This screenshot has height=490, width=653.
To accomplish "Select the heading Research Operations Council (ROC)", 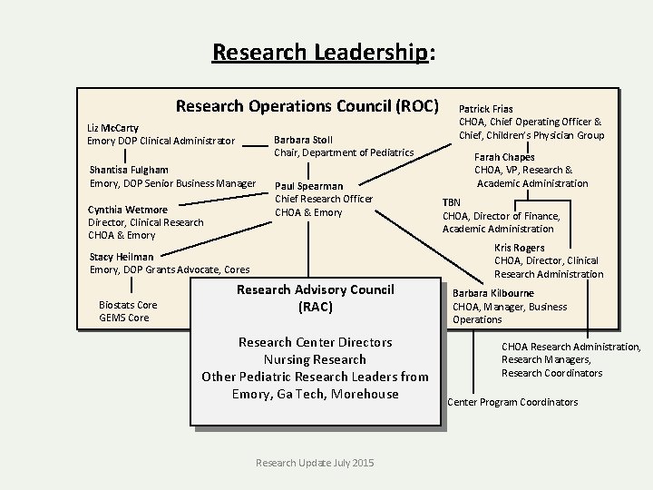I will pyautogui.click(x=307, y=105).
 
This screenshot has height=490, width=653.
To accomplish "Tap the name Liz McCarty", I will pyautogui.click(x=112, y=128).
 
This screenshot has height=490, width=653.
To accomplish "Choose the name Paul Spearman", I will pyautogui.click(x=308, y=186).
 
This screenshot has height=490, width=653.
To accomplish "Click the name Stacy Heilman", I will pyautogui.click(x=122, y=257).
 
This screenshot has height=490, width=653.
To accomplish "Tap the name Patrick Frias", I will pyautogui.click(x=486, y=109).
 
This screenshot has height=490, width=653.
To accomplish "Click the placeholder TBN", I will pyautogui.click(x=452, y=202).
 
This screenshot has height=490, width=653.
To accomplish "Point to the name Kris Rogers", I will pyautogui.click(x=520, y=248).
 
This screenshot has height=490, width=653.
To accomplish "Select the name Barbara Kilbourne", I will pyautogui.click(x=493, y=293).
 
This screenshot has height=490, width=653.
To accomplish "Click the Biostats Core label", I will pyautogui.click(x=128, y=305).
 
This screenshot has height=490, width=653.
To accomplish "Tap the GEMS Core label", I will pyautogui.click(x=124, y=318).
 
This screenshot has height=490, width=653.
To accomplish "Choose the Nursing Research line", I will pyautogui.click(x=315, y=359).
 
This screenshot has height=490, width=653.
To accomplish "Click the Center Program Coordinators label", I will pyautogui.click(x=512, y=402).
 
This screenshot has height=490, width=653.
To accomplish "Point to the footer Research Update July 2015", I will pyautogui.click(x=315, y=463).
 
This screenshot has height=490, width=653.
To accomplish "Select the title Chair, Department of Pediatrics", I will pyautogui.click(x=344, y=152).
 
